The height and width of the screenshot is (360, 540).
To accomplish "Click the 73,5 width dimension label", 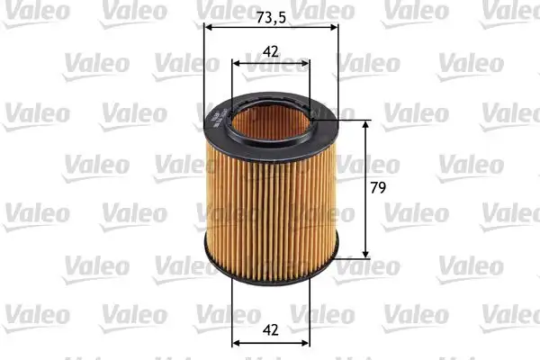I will pyautogui.click(x=271, y=16).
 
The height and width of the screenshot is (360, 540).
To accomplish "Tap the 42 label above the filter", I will pyautogui.click(x=270, y=52).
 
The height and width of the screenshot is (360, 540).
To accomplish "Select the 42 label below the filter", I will pyautogui.click(x=271, y=330).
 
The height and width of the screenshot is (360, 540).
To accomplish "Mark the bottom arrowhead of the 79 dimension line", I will pyautogui.click(x=366, y=252).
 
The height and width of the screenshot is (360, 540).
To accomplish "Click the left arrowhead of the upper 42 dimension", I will pyautogui.click(x=237, y=64).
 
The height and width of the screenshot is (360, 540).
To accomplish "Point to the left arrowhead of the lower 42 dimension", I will pyautogui.click(x=237, y=343).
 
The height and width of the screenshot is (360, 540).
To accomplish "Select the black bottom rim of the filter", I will pyautogui.click(x=271, y=271).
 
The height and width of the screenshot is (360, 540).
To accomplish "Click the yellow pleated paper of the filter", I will pyautogui.click(x=270, y=207).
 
